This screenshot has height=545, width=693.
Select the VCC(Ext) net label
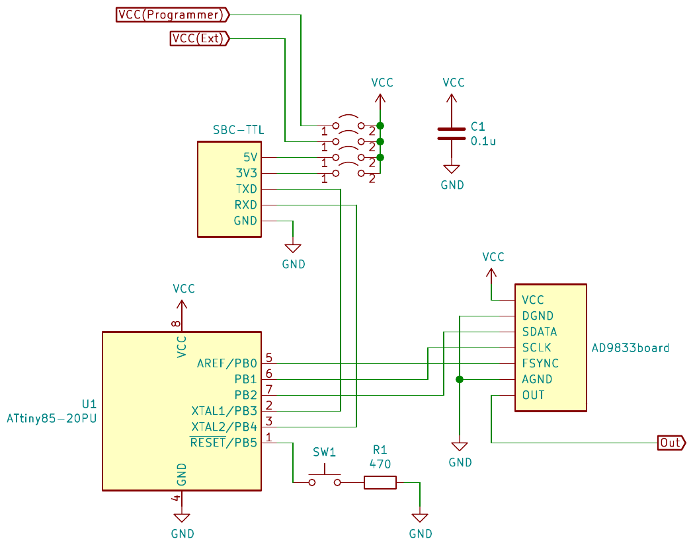199,39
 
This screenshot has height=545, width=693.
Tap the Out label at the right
671,443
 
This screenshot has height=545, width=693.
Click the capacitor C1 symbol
452,133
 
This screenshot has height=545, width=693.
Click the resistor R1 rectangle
380,482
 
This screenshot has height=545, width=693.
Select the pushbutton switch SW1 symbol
324,478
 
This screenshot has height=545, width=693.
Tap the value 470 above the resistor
380,464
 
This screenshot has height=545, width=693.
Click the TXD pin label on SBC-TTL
246,189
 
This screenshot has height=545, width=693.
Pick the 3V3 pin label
246,173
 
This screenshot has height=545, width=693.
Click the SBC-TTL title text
238,130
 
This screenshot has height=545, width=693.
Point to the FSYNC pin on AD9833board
540,363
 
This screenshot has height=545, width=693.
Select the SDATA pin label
539,332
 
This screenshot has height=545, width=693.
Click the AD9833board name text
630,347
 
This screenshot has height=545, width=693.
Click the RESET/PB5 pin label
224,442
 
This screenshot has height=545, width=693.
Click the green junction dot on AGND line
459,379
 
